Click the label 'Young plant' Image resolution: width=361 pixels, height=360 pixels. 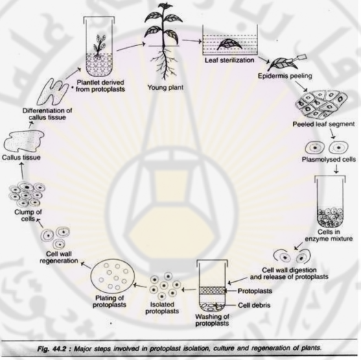pyautogui.click(x=165, y=88)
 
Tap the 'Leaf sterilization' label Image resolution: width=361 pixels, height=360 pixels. pyautogui.click(x=229, y=60)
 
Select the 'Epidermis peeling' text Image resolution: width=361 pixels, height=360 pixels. pyautogui.click(x=285, y=76)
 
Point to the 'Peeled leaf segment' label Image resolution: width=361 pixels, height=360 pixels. pyautogui.click(x=323, y=124)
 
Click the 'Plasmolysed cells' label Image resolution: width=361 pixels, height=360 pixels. pyautogui.click(x=329, y=159)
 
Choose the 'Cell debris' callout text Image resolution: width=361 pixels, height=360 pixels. pyautogui.click(x=254, y=305)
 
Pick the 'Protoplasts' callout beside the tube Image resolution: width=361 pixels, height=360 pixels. pyautogui.click(x=255, y=291)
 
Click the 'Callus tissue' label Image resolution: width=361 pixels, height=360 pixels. pyautogui.click(x=21, y=158)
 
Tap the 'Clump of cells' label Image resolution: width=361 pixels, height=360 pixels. pyautogui.click(x=28, y=215)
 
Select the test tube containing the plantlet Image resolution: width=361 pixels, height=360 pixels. pyautogui.click(x=99, y=47)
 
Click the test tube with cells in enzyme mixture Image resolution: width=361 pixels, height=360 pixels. pyautogui.click(x=330, y=202)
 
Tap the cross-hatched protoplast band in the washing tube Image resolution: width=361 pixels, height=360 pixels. pyautogui.click(x=212, y=290)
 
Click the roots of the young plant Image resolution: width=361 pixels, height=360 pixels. pyautogui.click(x=165, y=62)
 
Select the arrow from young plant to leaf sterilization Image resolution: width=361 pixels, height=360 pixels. pyautogui.click(x=191, y=41)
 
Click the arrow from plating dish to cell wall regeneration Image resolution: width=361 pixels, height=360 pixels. pyautogui.click(x=87, y=265)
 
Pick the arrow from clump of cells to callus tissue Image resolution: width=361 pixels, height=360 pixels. pyautogui.click(x=22, y=171)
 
